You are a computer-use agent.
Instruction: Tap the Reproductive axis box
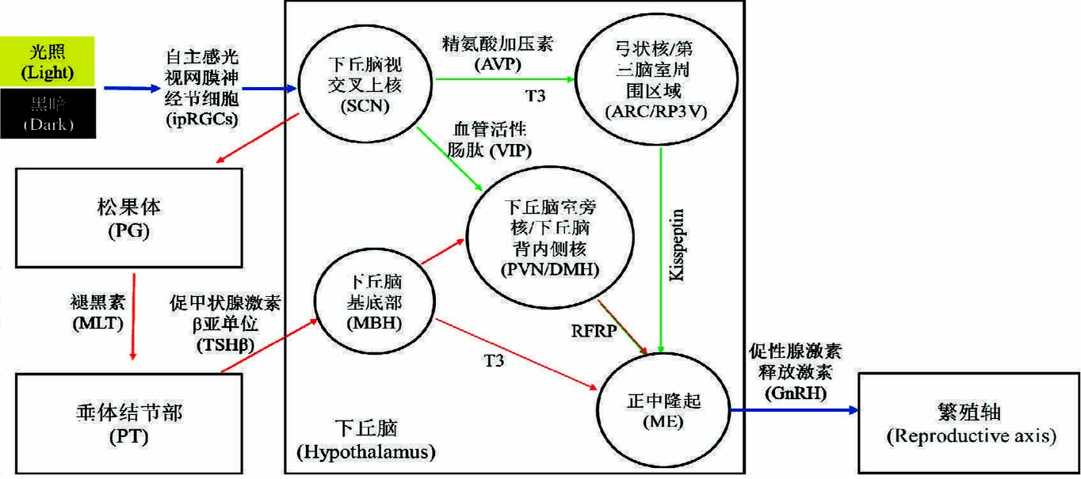coord(968,423)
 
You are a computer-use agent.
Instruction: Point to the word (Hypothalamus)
coord(365,453)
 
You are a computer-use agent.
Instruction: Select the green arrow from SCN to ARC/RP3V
coord(503,78)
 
